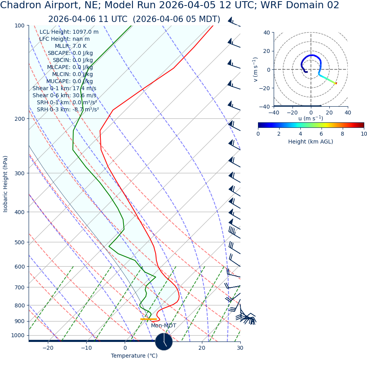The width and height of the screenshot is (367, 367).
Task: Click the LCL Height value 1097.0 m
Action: coord(85,32)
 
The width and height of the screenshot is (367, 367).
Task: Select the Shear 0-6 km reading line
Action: coord(64,96)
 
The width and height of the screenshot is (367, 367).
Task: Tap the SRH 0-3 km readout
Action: coord(67,110)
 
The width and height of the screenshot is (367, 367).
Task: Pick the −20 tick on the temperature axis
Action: coord(48,348)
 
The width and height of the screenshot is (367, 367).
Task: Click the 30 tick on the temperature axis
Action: coord(240,348)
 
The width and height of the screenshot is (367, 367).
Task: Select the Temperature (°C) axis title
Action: coord(134,356)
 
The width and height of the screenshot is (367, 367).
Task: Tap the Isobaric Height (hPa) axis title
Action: coord(5,184)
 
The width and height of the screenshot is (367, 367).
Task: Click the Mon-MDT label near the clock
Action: coord(164,326)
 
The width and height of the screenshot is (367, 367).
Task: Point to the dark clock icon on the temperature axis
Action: coord(164,342)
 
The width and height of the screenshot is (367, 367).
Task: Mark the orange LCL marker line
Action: coord(148,319)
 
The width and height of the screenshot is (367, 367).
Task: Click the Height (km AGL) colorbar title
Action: coord(311,142)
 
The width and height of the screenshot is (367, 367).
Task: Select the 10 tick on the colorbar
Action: coord(364,134)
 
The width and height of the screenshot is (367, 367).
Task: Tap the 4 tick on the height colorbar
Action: coord(300,134)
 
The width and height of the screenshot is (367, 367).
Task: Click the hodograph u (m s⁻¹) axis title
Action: coord(311,118)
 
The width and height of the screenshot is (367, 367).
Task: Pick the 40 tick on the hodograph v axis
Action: coord(267,33)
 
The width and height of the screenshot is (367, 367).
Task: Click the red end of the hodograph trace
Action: coord(336,83)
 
